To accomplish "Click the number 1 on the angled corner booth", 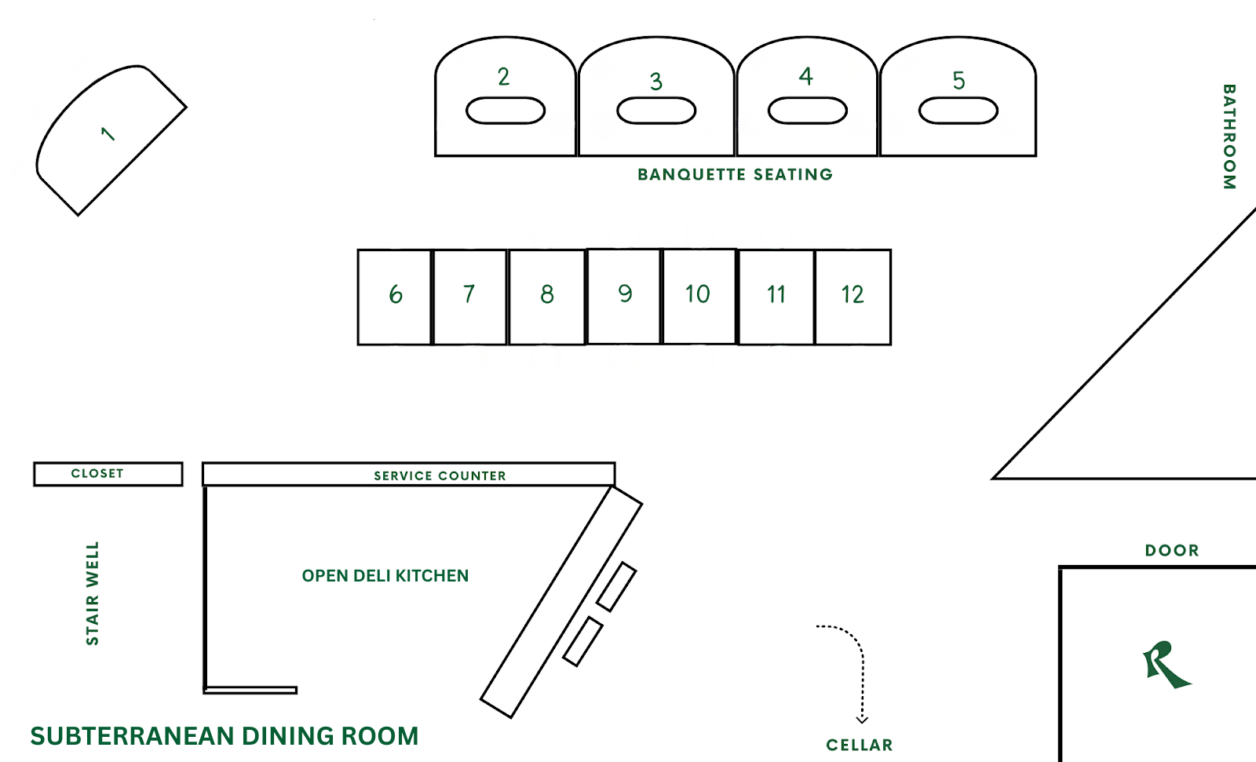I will [108, 134].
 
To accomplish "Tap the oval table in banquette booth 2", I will [506, 111].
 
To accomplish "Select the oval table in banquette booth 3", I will [656, 111].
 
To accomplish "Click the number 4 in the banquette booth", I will [806, 76].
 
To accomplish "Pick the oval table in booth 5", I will [958, 111].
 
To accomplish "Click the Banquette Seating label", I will [735, 174].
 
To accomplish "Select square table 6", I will [395, 297].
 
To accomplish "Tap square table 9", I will [624, 296].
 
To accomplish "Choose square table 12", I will [853, 297].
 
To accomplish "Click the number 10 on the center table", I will [697, 294].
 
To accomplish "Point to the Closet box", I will [108, 474].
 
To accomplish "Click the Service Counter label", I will [440, 476].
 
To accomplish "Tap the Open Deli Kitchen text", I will [385, 576].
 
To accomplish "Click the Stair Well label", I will [93, 593].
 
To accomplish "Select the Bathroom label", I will [1229, 137].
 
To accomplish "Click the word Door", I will [1172, 551].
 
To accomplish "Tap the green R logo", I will [1166, 665].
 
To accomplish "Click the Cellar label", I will [860, 746].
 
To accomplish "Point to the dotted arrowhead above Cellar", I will [862, 719].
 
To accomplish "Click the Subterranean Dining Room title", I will [225, 736].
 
